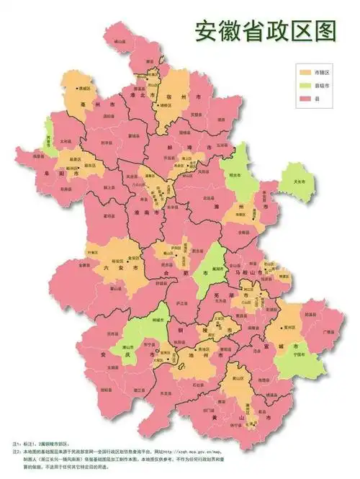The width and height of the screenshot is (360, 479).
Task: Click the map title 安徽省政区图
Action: (265, 30)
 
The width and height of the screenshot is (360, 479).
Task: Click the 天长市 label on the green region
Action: (294, 182)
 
